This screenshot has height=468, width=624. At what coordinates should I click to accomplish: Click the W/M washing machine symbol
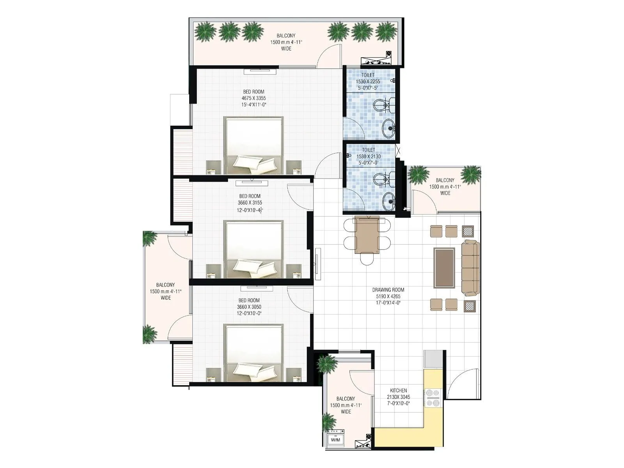coord(335,440)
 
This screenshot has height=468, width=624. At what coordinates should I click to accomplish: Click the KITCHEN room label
coord(398,390)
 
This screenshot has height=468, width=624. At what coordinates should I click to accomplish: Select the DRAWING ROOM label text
coord(388,290)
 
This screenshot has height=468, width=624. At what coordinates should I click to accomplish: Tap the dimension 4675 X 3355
coord(253,98)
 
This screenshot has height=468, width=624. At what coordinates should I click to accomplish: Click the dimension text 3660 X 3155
coord(250,203)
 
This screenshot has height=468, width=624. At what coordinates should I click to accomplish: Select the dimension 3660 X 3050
coord(249,307)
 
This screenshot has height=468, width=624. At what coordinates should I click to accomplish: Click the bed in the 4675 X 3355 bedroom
coord(253,145)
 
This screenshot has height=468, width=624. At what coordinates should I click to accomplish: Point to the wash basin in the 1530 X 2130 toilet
coord(388,201)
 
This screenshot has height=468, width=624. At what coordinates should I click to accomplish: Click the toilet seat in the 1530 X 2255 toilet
coord(380,105)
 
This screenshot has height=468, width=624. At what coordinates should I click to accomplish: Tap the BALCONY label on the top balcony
coord(286,35)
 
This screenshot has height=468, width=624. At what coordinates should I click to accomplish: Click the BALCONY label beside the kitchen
coord(346,399)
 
